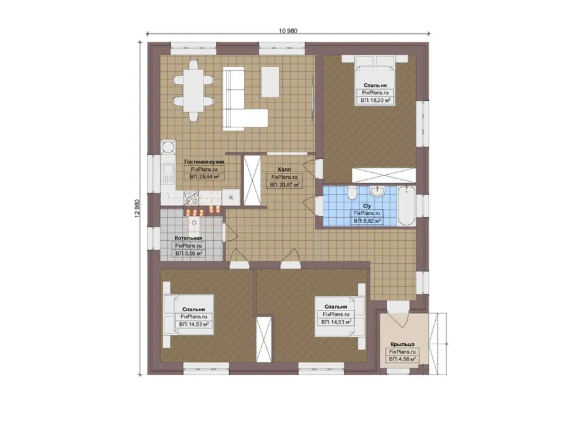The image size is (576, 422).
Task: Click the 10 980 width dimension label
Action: tap(288, 31)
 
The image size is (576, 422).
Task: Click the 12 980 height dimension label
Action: tap(138, 208)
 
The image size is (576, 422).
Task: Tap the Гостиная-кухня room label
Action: tap(204, 162)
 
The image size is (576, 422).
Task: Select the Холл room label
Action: tap(284, 170)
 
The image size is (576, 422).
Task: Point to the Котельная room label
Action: tap(188, 238)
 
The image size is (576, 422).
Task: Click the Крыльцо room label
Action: tap(403, 345)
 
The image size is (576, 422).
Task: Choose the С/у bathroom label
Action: tap(367, 206)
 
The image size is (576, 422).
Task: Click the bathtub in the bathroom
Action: tap(406, 206)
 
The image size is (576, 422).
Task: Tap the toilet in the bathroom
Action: tap(352, 192)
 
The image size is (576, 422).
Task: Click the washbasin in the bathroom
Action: tap(378, 191)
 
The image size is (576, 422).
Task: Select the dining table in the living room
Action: tap(193, 91)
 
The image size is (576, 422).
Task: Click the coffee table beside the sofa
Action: tap(271, 81)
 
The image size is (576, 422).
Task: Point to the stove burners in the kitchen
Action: tap(191, 199)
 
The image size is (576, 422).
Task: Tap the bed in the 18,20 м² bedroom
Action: tap(374, 81)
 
